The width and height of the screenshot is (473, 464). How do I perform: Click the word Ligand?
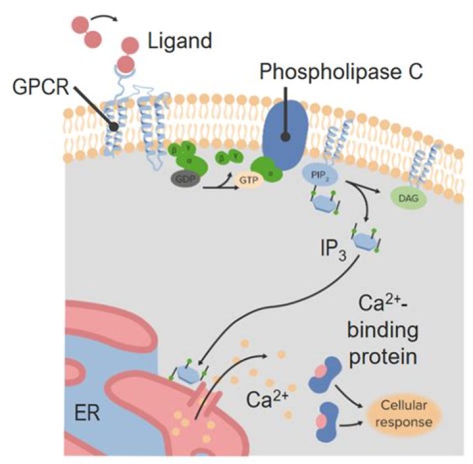[x=178, y=42]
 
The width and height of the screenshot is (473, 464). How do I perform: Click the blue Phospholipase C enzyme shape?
[x=284, y=135]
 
